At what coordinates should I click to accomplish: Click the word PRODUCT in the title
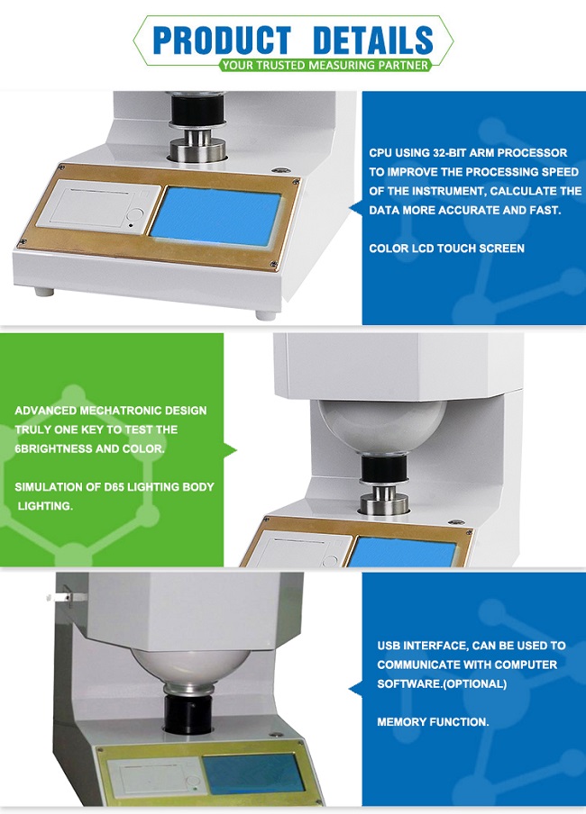(222, 40)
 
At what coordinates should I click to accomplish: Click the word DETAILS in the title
(373, 40)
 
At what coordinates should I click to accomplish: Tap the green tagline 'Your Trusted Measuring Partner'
(325, 66)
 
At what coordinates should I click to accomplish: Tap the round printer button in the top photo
(136, 214)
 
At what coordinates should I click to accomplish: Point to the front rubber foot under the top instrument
(265, 314)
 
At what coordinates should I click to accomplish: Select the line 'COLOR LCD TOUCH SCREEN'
(446, 249)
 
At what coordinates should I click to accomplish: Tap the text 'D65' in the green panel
(114, 487)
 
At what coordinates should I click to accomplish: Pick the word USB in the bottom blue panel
(389, 646)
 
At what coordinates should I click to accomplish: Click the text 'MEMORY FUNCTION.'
(433, 722)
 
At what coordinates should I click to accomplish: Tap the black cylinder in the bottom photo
(188, 713)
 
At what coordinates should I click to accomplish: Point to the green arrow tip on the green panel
(235, 449)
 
